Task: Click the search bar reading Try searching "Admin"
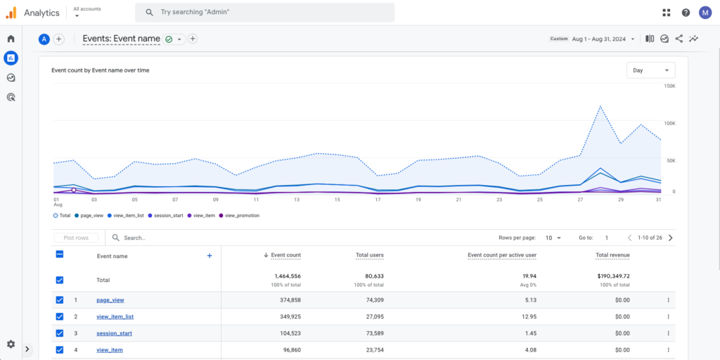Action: (x=267, y=12)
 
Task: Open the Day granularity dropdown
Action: (x=650, y=70)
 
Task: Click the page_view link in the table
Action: (x=110, y=300)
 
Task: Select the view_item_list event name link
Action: (x=115, y=316)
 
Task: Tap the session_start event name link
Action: (x=114, y=333)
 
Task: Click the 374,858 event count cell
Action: (x=286, y=300)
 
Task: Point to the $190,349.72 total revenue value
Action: (x=612, y=276)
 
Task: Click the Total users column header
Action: (x=369, y=255)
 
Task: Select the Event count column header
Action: (x=285, y=255)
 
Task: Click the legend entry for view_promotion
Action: (x=242, y=215)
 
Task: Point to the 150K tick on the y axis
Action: (x=669, y=86)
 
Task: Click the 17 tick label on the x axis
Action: (x=378, y=200)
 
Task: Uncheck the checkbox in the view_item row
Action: (x=60, y=349)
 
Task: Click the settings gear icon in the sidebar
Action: (x=11, y=344)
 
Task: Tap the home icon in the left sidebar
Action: (x=11, y=39)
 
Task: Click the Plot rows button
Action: (x=76, y=238)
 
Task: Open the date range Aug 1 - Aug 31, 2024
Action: (x=603, y=39)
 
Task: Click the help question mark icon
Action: (x=686, y=13)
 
